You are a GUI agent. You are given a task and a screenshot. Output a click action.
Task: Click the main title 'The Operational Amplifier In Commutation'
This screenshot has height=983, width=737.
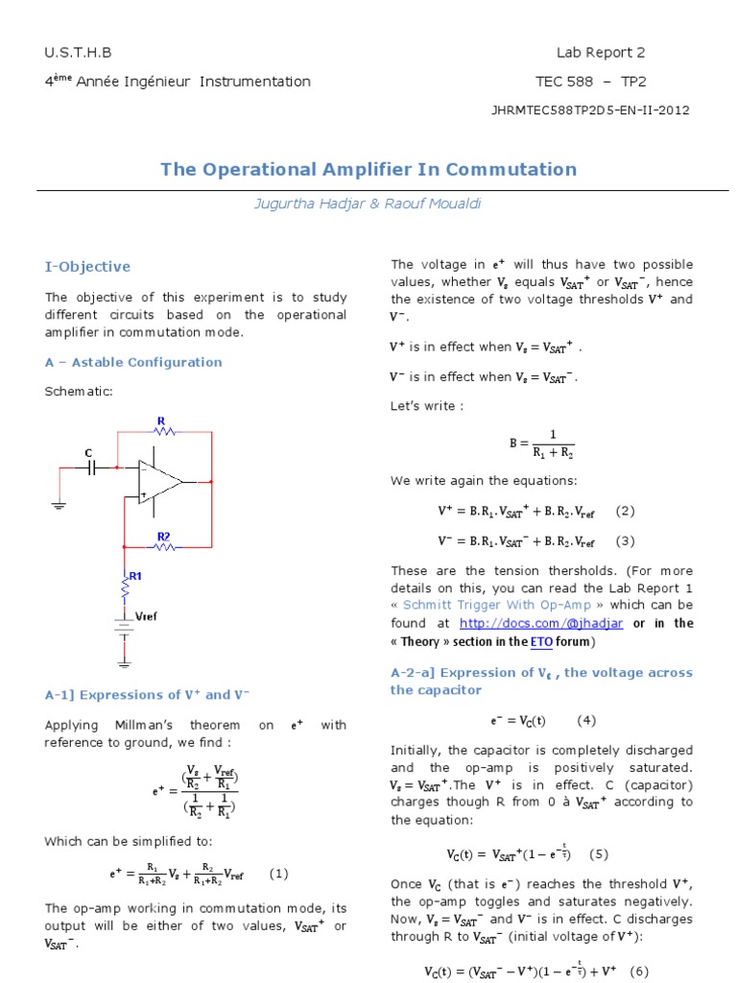(x=368, y=170)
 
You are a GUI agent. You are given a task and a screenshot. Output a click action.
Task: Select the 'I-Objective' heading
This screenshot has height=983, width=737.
(x=87, y=267)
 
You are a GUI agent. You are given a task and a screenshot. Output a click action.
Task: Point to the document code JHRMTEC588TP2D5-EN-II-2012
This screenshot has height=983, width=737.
(x=590, y=109)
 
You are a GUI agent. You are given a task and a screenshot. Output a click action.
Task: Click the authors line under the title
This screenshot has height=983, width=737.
(x=368, y=204)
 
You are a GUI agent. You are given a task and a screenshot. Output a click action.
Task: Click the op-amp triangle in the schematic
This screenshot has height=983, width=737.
(x=158, y=481)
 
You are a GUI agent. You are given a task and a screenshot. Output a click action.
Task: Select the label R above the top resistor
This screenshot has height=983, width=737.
(x=160, y=420)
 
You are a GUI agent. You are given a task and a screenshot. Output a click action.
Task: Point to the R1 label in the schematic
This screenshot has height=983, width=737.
(x=135, y=576)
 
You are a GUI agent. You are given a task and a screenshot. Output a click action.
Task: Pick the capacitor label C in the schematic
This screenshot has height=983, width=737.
(x=88, y=452)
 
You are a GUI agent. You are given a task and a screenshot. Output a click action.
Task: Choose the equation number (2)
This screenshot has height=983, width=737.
(x=625, y=511)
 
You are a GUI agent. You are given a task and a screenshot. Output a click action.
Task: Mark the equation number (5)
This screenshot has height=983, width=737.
(x=599, y=853)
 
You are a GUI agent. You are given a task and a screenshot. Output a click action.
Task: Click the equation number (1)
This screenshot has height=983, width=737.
(x=278, y=874)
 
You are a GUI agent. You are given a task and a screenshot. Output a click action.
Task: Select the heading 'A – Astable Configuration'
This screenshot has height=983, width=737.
(x=133, y=362)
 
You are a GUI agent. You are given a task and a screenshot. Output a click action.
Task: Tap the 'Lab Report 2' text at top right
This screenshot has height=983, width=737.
(x=594, y=53)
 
